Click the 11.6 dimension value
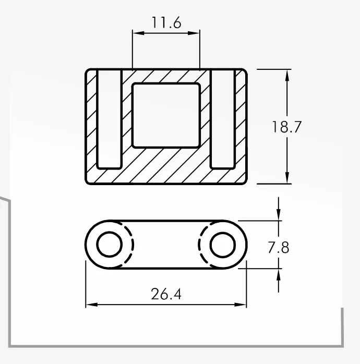166,22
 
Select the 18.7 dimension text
286,127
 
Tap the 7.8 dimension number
279,248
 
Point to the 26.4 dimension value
166,294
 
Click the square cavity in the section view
166,115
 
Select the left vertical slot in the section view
109,119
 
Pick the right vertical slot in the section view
223,119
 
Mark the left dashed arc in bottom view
133,245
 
